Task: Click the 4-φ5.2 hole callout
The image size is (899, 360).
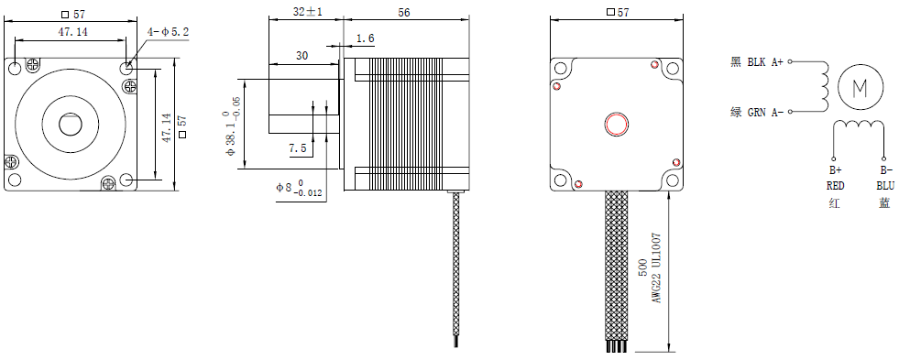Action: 168,32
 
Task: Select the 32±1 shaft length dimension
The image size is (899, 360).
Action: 307,12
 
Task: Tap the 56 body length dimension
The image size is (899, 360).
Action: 403,12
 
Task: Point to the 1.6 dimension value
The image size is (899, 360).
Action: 366,38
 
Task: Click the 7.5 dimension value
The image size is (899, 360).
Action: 298,149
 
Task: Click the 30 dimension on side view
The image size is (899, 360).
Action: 301,56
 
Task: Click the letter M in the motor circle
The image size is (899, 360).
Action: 860,88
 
